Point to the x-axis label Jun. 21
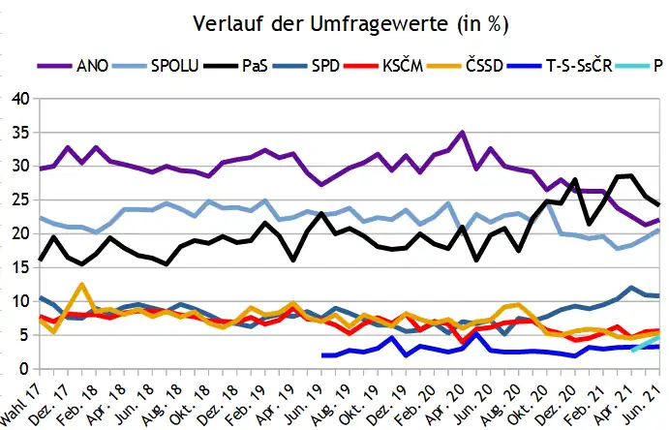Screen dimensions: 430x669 click(651, 398)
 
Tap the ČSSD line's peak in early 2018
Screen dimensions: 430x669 click(82, 285)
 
